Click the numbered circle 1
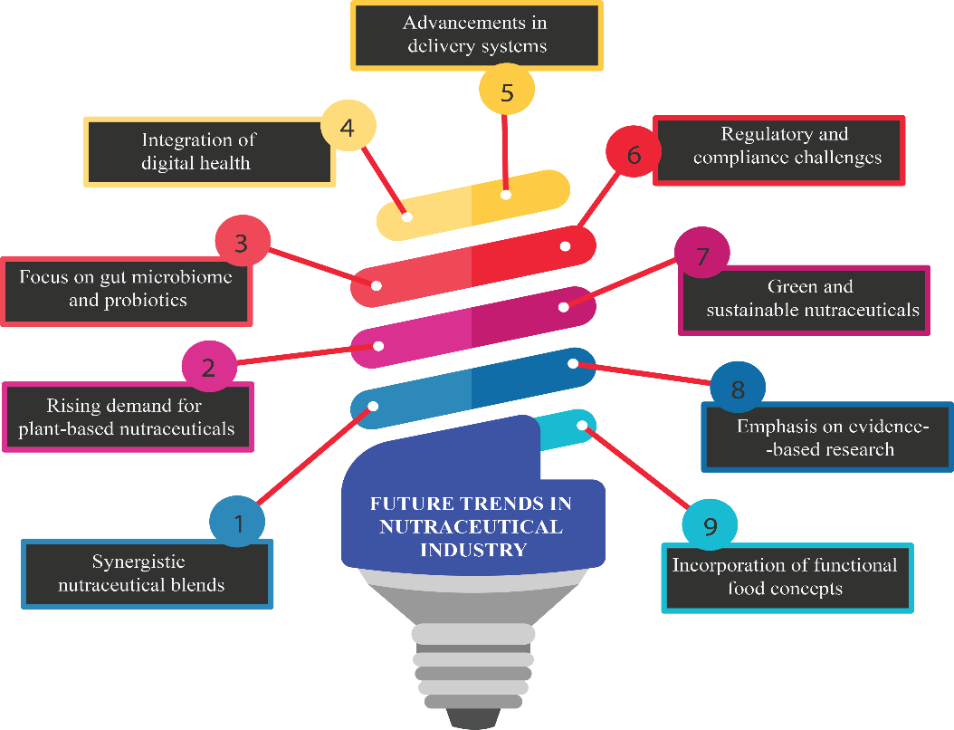(x=237, y=522)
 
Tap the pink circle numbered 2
(x=209, y=368)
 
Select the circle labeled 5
(x=507, y=91)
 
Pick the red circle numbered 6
(x=633, y=155)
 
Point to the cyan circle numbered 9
(x=710, y=526)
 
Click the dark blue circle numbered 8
(x=738, y=389)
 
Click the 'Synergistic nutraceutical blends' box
(x=147, y=573)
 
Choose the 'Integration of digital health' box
(x=208, y=151)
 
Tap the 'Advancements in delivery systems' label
(x=475, y=34)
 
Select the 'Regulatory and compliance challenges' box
(x=778, y=149)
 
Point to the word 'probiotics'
(x=128, y=300)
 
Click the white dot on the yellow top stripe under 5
(x=506, y=194)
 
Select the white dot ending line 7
(x=564, y=307)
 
